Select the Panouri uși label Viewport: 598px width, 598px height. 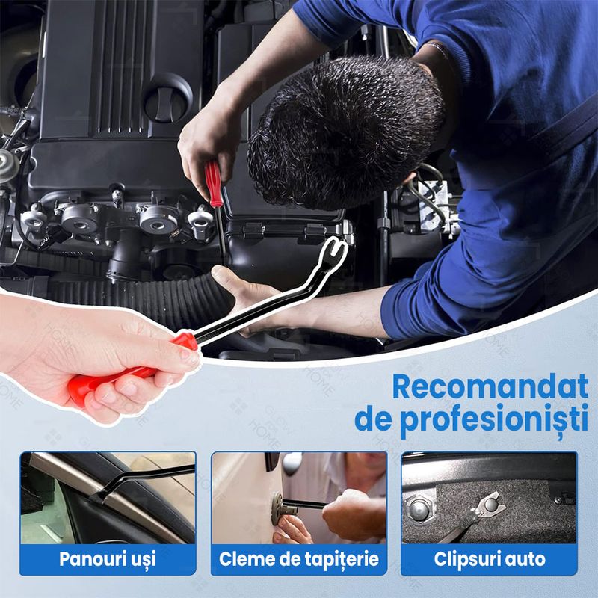[x=108, y=558]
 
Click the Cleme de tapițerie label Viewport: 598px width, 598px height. [x=299, y=558]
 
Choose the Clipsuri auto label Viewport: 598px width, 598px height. [x=490, y=558]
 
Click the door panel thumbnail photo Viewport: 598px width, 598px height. [x=108, y=497]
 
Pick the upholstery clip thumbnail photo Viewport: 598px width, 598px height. [x=299, y=497]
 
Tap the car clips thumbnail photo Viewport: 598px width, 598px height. [x=490, y=497]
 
